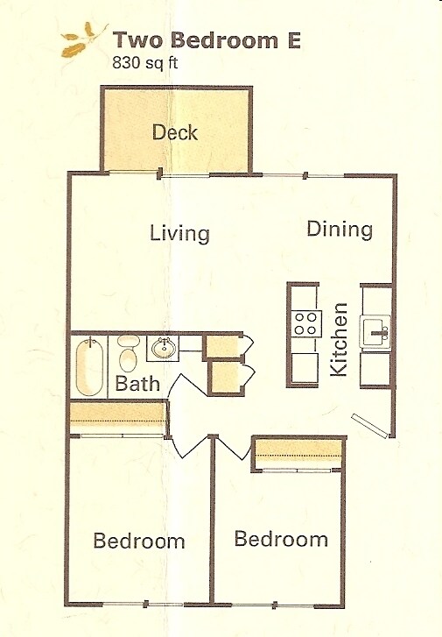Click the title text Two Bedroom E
(207, 40)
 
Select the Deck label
(175, 133)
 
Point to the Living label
(179, 234)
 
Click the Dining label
(340, 229)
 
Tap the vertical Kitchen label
(340, 340)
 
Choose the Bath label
(138, 383)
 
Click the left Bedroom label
(139, 541)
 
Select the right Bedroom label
(281, 538)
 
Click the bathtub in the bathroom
(89, 367)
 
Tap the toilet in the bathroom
(128, 355)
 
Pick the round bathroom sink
(163, 348)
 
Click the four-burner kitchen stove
(305, 323)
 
